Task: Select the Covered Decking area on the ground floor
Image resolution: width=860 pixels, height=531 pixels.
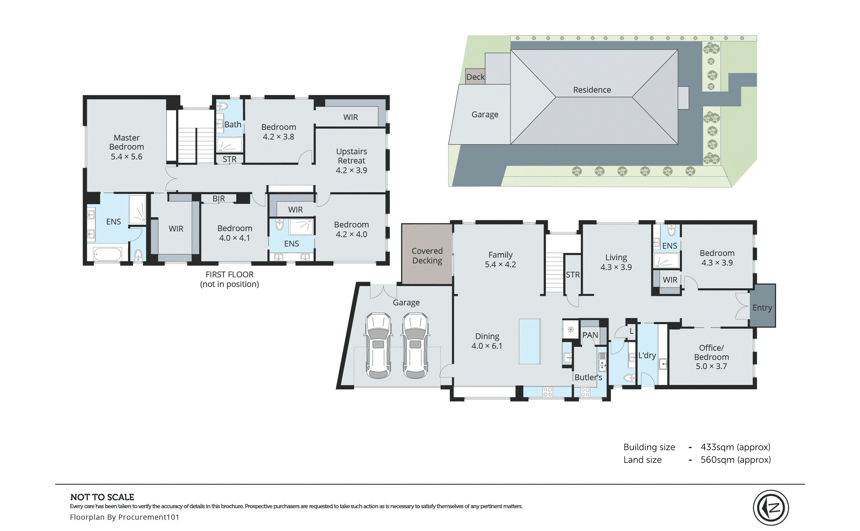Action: coord(427,254)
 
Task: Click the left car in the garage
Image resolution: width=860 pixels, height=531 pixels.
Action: coord(378,346)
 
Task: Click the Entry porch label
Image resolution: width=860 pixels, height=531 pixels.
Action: coord(762,308)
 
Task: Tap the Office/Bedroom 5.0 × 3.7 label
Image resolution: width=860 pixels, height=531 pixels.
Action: coord(711,357)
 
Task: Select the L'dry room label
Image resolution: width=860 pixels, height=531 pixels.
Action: coord(647,355)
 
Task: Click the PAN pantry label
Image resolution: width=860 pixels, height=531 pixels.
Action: coord(590,335)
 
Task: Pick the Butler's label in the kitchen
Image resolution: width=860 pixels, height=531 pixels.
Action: coord(588,377)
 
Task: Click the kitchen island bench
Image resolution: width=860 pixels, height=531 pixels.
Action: coord(530,341)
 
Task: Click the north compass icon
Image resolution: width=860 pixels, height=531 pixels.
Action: coord(771,508)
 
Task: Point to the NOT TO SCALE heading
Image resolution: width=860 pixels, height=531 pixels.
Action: coord(102,497)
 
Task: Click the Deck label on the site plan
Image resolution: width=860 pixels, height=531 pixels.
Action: coord(475,77)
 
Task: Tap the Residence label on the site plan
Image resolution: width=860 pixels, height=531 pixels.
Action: coord(592,90)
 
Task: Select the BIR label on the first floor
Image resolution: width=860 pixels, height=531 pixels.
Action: coord(219,198)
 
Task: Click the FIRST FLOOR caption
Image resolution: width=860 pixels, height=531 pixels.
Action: coord(229,275)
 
